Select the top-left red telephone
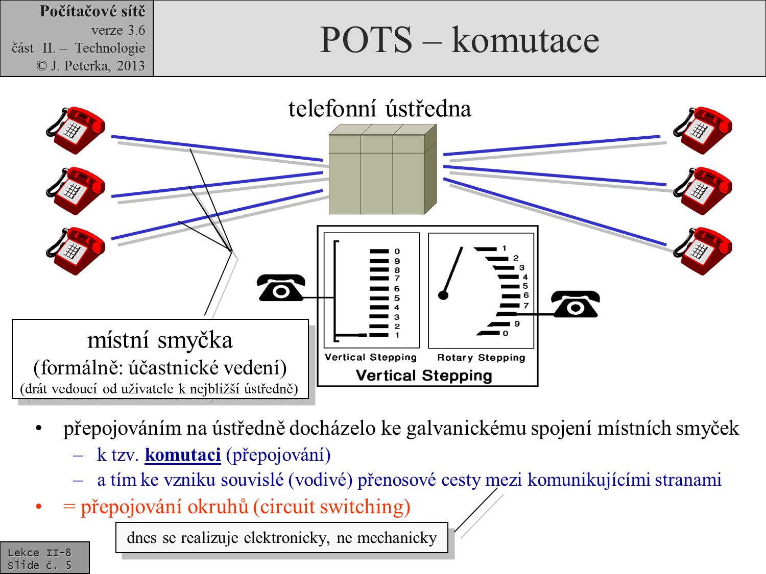point(76,130)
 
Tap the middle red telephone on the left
point(76,190)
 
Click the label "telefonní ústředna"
point(379,109)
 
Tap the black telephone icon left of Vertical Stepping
point(281,288)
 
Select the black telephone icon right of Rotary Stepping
point(576,304)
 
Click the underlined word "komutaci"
point(182,455)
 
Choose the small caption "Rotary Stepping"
point(481,358)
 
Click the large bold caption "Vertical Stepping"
point(424,376)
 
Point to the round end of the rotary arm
point(443,295)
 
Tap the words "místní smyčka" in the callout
point(160,340)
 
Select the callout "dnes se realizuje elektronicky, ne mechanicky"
point(282,538)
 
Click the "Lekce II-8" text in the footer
point(39,552)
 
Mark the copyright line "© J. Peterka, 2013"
point(90,66)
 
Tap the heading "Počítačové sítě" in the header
point(92,11)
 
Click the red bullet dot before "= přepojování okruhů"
point(39,507)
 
